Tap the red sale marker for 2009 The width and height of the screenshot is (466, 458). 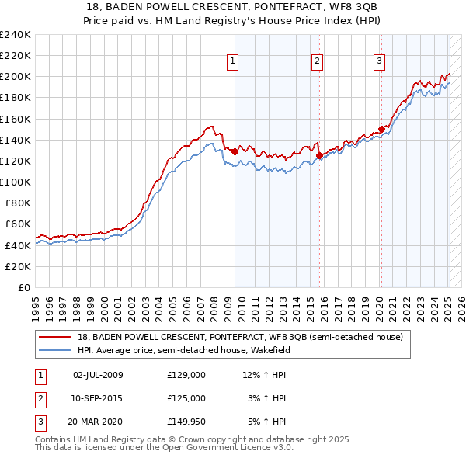[x=235, y=152]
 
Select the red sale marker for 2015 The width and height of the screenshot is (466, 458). [x=319, y=156]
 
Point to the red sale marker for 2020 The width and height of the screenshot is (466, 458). [x=381, y=130]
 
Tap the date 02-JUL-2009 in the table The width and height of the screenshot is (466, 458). [x=98, y=376]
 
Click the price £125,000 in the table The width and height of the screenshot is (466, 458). [x=186, y=398]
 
